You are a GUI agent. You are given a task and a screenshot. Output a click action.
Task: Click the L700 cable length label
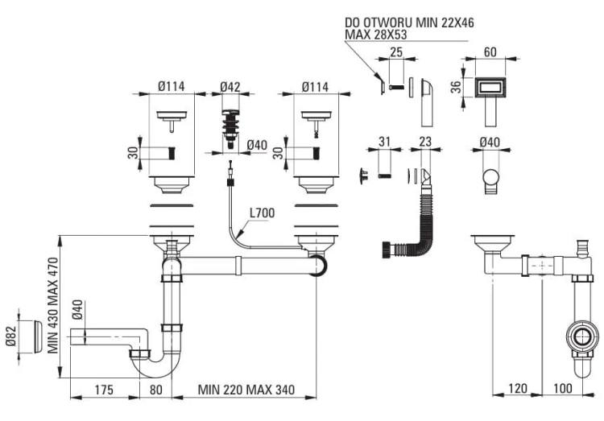tap(262, 213)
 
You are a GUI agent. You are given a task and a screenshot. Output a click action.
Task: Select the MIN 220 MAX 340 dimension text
tap(246, 390)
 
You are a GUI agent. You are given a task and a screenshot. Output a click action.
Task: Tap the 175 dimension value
tap(104, 390)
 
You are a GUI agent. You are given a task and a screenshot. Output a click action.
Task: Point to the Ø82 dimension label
tap(11, 336)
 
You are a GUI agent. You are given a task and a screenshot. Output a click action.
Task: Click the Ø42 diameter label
tap(230, 87)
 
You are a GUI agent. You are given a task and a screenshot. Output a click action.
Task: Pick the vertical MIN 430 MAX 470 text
tap(53, 305)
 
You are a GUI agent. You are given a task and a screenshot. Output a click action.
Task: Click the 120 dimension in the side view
tap(517, 388)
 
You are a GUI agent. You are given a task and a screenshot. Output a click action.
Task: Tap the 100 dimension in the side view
tap(563, 388)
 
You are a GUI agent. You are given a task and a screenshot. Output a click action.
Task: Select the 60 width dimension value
tap(490, 52)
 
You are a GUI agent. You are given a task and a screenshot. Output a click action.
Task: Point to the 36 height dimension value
tap(456, 87)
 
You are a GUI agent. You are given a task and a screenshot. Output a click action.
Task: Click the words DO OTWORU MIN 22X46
tap(409, 23)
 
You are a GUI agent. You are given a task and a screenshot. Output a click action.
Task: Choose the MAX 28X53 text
tap(375, 35)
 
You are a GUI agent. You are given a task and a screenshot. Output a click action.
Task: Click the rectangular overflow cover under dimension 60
tap(490, 87)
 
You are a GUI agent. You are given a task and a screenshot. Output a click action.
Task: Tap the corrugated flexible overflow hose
tap(426, 220)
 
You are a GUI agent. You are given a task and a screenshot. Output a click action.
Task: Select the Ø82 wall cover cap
tap(38, 336)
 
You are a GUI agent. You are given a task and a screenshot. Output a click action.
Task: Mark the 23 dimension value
tap(425, 142)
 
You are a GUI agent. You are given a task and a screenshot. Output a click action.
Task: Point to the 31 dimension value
tap(384, 142)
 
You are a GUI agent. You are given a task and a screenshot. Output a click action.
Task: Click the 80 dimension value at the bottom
tap(155, 390)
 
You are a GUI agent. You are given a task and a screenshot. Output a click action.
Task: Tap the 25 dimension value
tap(396, 52)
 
